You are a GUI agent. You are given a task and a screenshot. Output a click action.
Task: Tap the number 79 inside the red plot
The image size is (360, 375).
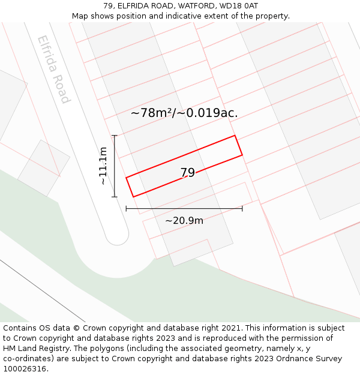point(188,173)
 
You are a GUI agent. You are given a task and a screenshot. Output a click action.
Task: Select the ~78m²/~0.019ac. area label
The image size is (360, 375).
point(184,112)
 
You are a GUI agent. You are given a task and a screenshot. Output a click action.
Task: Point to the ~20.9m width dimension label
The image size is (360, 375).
point(184,220)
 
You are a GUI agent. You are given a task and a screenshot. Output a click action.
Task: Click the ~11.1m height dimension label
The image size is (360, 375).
point(103,166)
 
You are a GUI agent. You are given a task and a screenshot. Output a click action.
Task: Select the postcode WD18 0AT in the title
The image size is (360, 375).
point(240,5)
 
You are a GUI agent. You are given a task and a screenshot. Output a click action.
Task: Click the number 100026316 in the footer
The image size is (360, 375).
point(25,369)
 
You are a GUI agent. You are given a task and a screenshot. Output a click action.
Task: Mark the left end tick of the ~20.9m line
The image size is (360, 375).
point(126,208)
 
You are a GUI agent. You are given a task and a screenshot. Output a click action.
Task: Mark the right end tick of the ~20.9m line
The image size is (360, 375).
point(242,208)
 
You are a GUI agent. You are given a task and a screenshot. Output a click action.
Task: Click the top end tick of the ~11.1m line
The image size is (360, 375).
point(114,136)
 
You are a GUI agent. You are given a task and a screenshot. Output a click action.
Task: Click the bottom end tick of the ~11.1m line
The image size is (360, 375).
point(114,196)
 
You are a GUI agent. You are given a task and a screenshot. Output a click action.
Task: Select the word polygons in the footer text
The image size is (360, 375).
point(121,349)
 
